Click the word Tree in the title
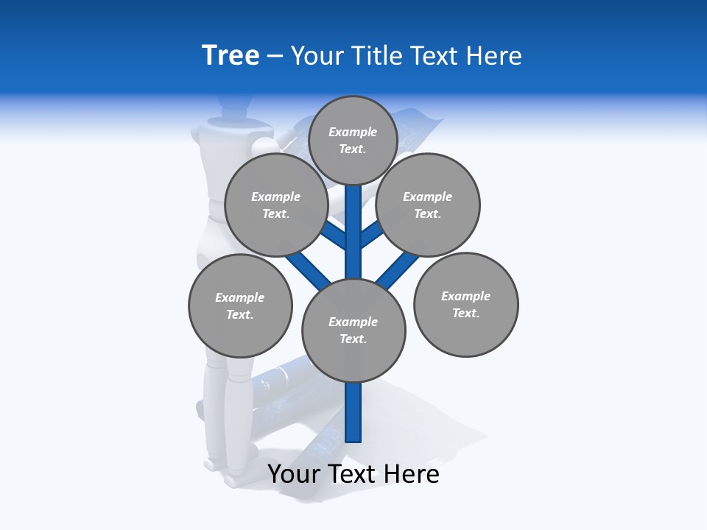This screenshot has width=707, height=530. tap(231, 56)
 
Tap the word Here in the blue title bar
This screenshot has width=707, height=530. tap(495, 56)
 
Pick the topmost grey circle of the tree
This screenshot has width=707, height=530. tap(353, 140)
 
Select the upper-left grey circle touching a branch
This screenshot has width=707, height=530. tap(276, 205)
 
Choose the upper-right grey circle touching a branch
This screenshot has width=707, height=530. tap(428, 205)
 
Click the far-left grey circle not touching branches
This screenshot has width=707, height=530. tap(240, 305)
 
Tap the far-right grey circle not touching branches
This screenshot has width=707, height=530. tap(465, 304)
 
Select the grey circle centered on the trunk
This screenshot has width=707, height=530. tap(353, 331)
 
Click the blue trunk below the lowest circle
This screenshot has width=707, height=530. tap(353, 412)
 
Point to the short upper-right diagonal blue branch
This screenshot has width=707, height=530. tap(373, 235)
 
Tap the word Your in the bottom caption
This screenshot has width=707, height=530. tap(294, 474)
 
